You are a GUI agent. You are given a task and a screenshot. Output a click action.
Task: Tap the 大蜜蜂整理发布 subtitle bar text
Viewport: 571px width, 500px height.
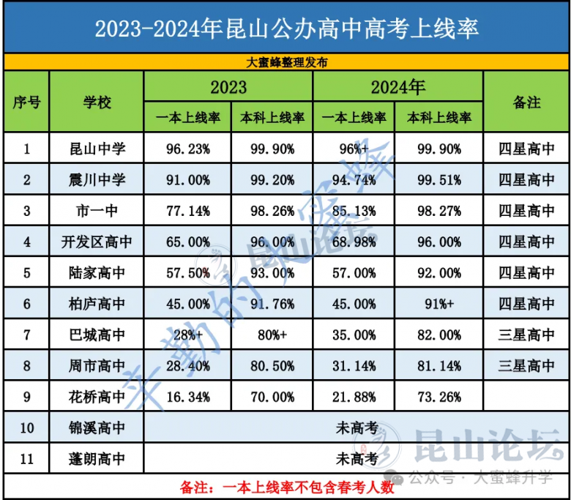pos(286,63)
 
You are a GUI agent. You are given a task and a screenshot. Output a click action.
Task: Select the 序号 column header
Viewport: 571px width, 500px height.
pos(26,102)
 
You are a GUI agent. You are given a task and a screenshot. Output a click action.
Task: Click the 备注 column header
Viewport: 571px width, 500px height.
pos(526,102)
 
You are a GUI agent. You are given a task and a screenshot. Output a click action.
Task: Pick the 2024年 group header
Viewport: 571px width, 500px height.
pos(398,87)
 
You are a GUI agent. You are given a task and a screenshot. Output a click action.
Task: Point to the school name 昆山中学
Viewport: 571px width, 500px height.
pos(96,149)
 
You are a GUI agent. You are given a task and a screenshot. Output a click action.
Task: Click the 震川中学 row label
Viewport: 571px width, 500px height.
pos(96,180)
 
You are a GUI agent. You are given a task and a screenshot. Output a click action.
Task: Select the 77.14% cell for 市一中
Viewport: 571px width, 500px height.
pos(187,212)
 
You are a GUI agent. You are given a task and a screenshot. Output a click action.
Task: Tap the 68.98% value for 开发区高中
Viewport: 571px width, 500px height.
pos(354,242)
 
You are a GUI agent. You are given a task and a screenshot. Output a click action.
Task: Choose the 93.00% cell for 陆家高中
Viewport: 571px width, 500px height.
pos(272,273)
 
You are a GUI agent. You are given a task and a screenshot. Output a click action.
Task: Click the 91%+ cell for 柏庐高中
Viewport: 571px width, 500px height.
pos(438,304)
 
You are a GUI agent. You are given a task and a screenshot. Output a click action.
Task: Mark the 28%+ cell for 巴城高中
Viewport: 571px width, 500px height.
pos(187,335)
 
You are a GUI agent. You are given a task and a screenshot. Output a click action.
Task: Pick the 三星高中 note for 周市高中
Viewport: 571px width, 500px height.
pos(526,365)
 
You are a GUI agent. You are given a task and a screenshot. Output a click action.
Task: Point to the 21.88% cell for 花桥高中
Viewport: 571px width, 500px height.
pos(354,397)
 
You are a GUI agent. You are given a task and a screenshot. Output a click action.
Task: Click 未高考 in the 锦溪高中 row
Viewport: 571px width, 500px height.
pos(357,428)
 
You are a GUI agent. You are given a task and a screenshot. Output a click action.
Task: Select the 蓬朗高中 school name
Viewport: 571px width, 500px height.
pos(96,459)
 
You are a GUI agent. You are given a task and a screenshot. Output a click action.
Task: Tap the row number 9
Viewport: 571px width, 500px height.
pos(26,397)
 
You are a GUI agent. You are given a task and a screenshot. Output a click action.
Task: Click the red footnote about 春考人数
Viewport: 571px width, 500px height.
pos(286,486)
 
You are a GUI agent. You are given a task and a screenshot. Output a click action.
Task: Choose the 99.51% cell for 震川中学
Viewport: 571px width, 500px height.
pos(438,180)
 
